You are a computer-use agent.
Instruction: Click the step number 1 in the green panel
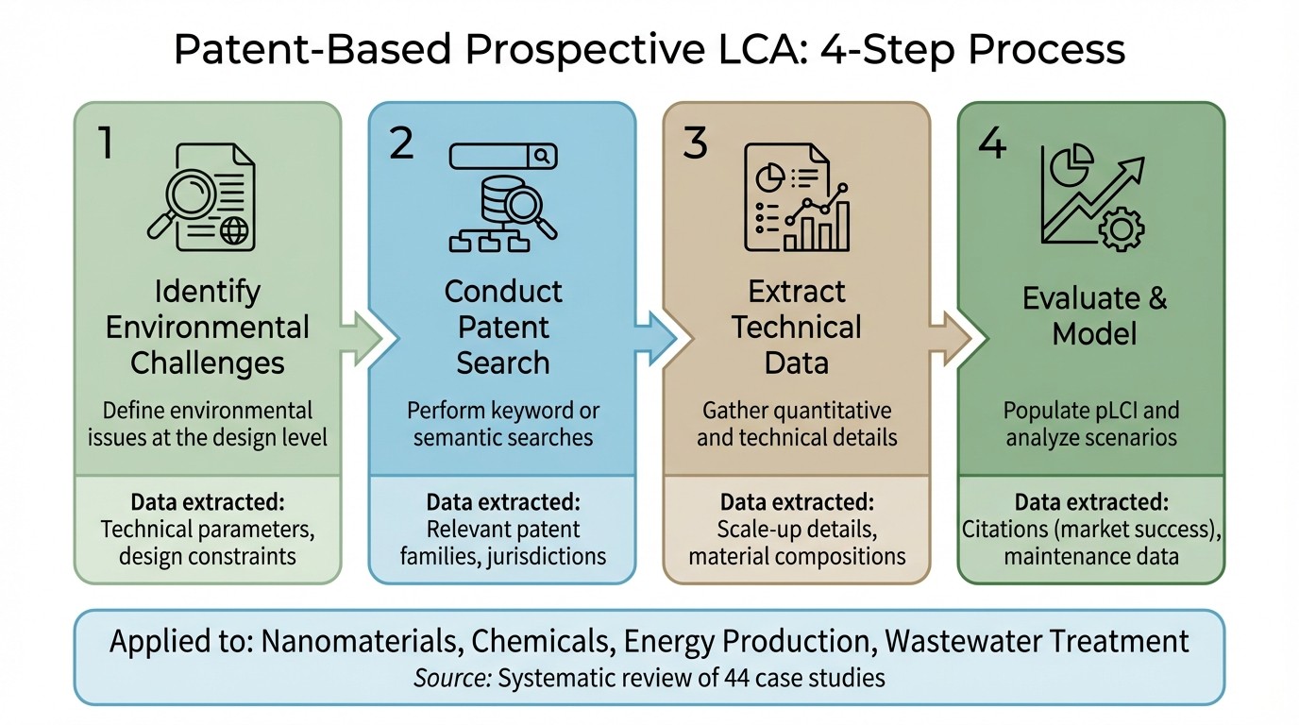105,143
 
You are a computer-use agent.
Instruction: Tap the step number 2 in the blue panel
401,143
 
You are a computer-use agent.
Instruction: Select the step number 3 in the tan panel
696,143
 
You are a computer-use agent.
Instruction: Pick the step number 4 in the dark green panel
991,143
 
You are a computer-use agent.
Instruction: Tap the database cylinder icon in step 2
481,197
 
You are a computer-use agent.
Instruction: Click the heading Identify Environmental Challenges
208,327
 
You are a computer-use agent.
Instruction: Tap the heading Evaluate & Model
1095,316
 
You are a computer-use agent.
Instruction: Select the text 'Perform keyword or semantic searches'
503,424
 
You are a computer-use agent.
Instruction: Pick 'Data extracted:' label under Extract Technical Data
797,501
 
